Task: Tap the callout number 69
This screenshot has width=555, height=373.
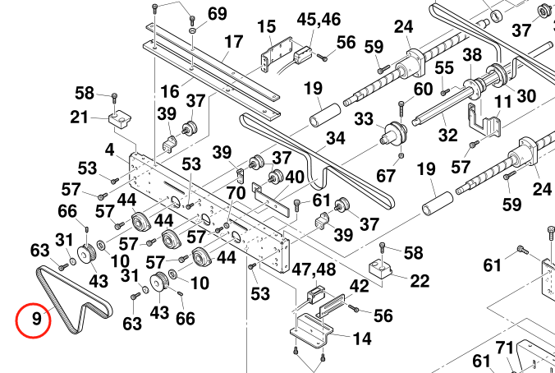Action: coord(217,14)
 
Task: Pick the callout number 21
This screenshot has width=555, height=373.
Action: coord(79,117)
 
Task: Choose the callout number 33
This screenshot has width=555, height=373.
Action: coord(364,119)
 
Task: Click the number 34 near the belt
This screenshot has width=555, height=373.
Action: coord(335,138)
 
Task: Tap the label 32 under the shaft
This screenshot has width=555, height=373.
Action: coord(447,135)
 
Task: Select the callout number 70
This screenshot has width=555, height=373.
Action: coord(236,194)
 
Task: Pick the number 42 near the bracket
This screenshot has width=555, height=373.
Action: coord(360,287)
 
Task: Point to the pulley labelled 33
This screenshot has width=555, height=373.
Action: coord(396,133)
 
